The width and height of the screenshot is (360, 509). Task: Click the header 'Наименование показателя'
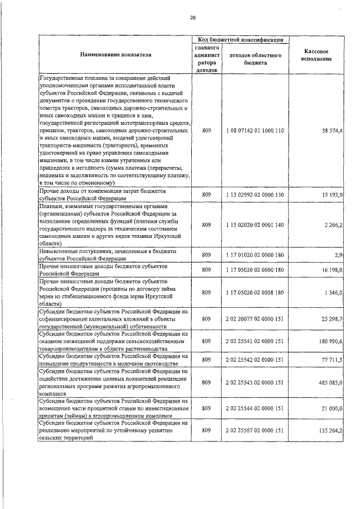115,55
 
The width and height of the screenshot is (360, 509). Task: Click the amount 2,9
337,255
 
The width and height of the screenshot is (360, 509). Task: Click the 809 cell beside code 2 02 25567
206,431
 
